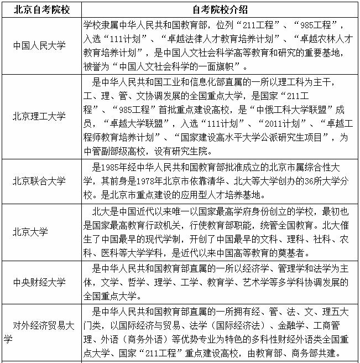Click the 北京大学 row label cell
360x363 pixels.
[31, 231]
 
